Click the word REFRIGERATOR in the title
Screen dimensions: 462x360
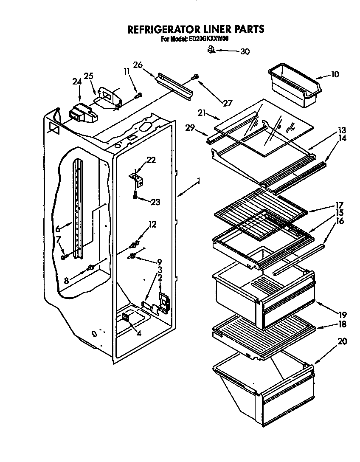(x=163, y=29)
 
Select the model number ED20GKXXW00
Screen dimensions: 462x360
(x=209, y=39)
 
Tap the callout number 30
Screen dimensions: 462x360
(x=245, y=52)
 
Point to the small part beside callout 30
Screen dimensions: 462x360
(x=210, y=50)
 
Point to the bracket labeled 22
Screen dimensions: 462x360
(x=137, y=178)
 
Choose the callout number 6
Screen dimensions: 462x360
(x=58, y=229)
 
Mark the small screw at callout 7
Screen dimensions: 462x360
(x=64, y=256)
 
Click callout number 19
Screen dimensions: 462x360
(x=342, y=315)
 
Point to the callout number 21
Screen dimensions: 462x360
(x=202, y=113)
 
